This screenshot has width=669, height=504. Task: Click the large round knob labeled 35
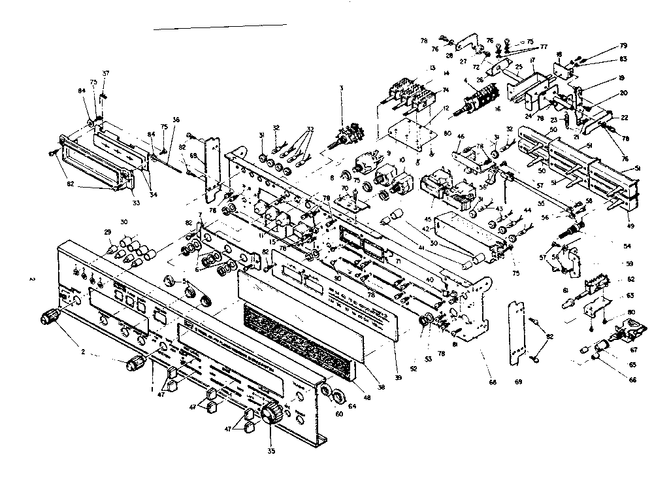pyautogui.click(x=270, y=414)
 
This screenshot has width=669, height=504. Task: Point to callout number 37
pyautogui.click(x=106, y=73)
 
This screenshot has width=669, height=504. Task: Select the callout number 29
pyautogui.click(x=108, y=233)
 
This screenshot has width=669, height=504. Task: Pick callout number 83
pyautogui.click(x=623, y=59)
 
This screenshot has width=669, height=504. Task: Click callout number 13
pyautogui.click(x=432, y=67)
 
